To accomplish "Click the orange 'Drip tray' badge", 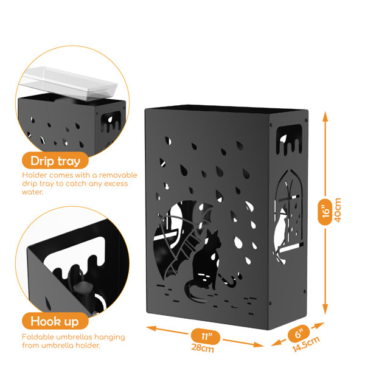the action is [x=55, y=161].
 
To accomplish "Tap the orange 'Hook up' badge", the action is [x=55, y=321].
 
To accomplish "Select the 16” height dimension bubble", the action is [x=325, y=212].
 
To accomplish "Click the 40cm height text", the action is [x=338, y=210].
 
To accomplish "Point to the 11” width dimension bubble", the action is [x=206, y=336].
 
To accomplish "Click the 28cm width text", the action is [x=203, y=348].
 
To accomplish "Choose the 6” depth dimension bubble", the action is [x=299, y=334].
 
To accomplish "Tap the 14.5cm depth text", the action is [x=306, y=344].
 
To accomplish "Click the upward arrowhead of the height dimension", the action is [x=325, y=117].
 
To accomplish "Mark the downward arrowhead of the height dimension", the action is [x=325, y=310].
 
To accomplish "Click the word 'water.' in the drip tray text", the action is [x=32, y=192].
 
